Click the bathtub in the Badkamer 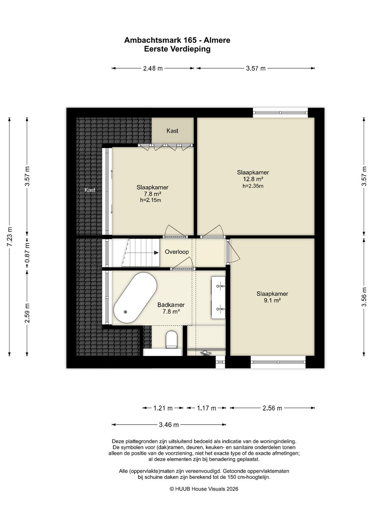coord(135,298)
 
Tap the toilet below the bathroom coord(171,340)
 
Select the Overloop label coord(177,252)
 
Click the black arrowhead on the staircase coord(156,252)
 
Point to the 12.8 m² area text coord(253,179)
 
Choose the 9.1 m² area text coord(272,300)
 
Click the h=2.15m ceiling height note coord(151,200)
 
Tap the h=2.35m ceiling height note coord(253,186)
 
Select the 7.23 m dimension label coord(10,237)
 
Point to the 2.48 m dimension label coord(153,68)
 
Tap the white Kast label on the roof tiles coord(90,190)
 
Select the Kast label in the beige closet coord(172,131)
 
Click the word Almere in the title coord(217,40)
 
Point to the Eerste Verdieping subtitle coord(177,49)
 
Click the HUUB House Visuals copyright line coord(204,489)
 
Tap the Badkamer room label coord(171,305)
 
